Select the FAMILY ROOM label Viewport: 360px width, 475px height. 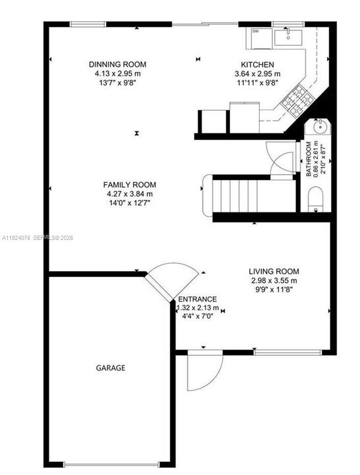[x=129, y=185]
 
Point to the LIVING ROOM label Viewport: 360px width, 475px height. [x=274, y=271]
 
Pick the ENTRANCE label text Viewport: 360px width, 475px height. [x=197, y=299]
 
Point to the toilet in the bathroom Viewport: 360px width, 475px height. [x=316, y=199]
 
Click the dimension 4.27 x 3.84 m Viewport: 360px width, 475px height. [x=129, y=194]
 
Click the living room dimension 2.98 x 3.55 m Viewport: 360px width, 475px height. [x=274, y=280]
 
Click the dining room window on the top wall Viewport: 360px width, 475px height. [x=89, y=24]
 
